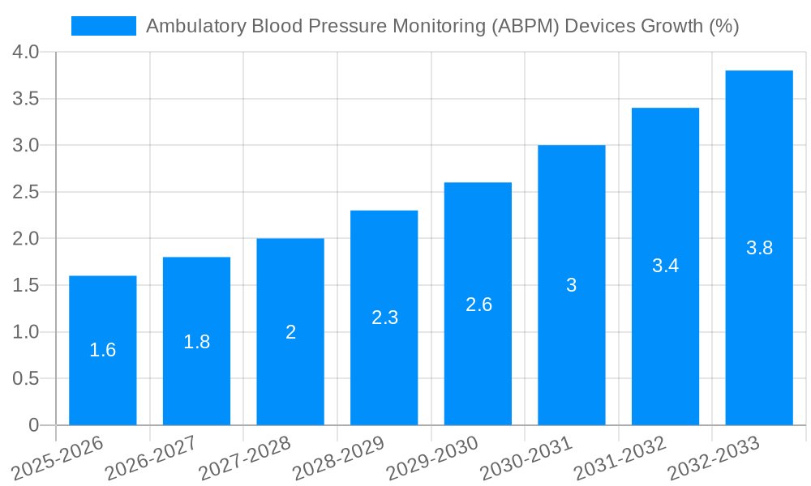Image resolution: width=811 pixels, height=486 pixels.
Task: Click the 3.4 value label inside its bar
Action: (666, 266)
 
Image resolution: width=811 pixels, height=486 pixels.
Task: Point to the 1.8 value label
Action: (197, 342)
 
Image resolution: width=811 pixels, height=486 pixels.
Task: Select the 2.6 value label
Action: (478, 305)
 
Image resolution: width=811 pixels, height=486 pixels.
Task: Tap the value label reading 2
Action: (290, 332)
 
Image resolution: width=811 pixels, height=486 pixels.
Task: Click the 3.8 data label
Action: (759, 248)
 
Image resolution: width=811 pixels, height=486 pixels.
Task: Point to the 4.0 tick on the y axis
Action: (26, 53)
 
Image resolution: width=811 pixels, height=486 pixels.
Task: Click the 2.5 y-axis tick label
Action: (26, 193)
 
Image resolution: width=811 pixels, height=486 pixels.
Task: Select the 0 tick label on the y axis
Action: (33, 425)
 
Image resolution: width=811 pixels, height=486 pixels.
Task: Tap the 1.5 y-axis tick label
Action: (26, 286)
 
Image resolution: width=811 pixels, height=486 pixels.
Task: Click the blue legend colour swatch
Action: (104, 26)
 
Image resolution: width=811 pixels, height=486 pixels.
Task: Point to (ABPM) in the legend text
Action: (524, 26)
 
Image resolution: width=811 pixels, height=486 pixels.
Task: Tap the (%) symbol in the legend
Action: (723, 26)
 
